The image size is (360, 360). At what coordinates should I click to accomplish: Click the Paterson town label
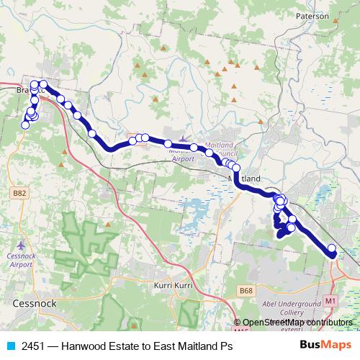312,14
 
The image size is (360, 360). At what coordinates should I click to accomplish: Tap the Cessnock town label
35,304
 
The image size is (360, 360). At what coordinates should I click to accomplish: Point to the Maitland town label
244,178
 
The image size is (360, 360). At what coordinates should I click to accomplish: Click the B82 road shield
20,194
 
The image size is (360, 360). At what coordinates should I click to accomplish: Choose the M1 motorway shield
330,300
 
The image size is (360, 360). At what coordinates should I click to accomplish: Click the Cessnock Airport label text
22,260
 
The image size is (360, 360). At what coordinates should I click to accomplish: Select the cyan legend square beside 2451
10,346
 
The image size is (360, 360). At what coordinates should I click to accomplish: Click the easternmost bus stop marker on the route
332,249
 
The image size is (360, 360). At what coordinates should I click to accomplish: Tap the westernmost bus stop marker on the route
25,125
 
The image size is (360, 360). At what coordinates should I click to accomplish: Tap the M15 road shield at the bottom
241,330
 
